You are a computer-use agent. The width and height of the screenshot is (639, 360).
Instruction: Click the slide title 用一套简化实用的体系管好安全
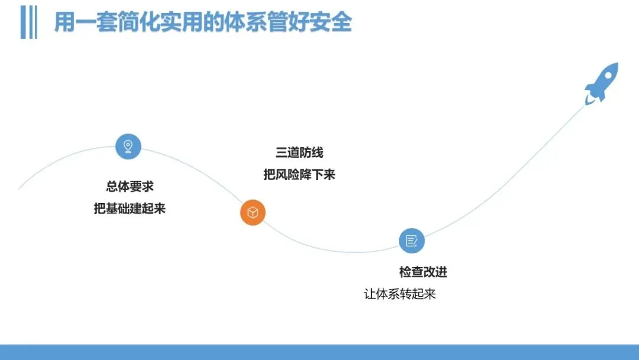pyautogui.click(x=203, y=21)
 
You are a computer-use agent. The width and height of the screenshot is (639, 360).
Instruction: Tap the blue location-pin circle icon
pyautogui.click(x=128, y=146)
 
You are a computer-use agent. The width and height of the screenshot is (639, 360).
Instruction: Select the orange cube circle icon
pyautogui.click(x=253, y=213)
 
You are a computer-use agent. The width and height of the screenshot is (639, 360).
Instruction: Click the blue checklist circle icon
pyautogui.click(x=412, y=240)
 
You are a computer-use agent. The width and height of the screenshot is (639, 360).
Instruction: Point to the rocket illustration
pyautogui.click(x=602, y=83)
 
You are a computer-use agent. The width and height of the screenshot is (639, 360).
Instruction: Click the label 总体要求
pyautogui.click(x=130, y=187)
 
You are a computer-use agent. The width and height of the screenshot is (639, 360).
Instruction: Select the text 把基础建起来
pyautogui.click(x=130, y=208)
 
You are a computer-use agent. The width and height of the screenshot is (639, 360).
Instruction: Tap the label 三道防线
pyautogui.click(x=299, y=153)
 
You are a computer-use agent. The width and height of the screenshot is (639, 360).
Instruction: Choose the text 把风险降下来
pyautogui.click(x=299, y=175)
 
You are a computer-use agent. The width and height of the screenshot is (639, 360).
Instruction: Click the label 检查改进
pyautogui.click(x=424, y=272)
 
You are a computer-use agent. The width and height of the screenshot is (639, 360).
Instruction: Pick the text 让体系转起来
pyautogui.click(x=400, y=294)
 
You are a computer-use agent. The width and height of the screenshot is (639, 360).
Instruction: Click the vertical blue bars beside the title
pyautogui.click(x=29, y=22)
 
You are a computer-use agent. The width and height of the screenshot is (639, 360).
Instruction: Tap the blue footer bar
pyautogui.click(x=319, y=352)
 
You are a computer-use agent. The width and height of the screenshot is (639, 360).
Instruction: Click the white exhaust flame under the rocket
pyautogui.click(x=589, y=99)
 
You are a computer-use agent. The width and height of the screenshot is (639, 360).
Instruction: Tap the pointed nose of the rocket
pyautogui.click(x=617, y=63)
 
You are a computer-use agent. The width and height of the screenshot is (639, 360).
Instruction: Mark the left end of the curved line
pyautogui.click(x=19, y=189)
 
